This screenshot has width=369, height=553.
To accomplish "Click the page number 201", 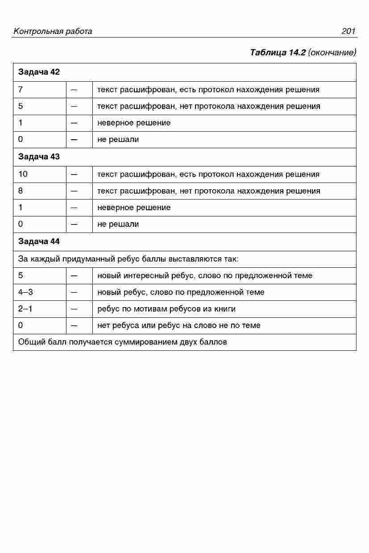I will point(348,31).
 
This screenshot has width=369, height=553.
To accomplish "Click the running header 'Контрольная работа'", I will point(53,31).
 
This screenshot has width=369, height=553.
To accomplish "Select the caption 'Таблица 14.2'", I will point(278,53).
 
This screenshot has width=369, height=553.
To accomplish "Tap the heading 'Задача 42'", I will point(39,72).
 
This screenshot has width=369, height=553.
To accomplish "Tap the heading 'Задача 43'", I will point(39,157).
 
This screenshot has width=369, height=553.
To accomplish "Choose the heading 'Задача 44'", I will point(39,241).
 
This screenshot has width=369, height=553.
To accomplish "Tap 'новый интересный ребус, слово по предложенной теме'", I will point(205,276).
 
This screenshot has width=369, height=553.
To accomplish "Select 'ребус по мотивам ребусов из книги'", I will point(166,309).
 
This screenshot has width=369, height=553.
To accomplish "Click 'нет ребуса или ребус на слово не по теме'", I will point(179,326).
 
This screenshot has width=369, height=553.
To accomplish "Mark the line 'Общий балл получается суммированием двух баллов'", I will point(123,342).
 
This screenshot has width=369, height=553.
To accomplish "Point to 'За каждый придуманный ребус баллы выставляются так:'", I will point(129,259).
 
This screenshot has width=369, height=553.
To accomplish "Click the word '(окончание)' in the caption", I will point(332,53).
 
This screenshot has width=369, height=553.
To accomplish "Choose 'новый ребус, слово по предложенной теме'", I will point(181,292).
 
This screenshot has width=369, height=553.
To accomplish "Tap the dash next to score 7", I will point(74,90).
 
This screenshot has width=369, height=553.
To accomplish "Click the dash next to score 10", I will point(74,174).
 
